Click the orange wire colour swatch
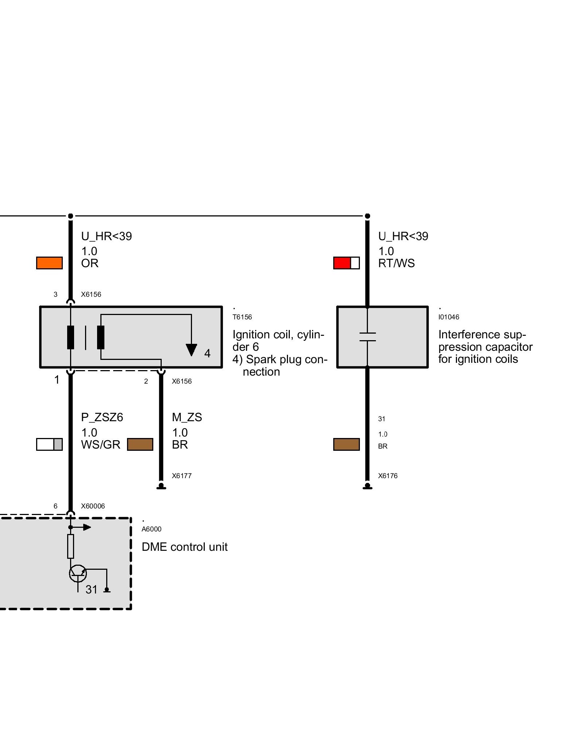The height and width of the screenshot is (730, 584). click(x=49, y=263)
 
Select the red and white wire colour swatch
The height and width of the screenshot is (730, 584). click(x=346, y=263)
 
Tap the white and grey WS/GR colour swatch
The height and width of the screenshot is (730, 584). click(x=49, y=444)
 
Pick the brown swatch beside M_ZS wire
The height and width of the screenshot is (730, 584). click(x=140, y=444)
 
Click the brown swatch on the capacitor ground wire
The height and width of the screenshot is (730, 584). click(x=346, y=444)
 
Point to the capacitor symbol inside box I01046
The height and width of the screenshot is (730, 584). click(x=368, y=337)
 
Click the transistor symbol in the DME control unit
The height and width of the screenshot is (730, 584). click(x=78, y=573)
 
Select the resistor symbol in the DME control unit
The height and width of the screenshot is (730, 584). click(x=70, y=546)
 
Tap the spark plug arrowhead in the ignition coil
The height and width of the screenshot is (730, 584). click(x=191, y=350)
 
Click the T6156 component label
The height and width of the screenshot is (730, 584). click(x=242, y=317)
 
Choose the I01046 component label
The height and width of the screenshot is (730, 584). click(x=449, y=317)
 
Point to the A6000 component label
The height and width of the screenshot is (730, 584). click(x=151, y=529)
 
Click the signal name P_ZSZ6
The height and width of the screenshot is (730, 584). click(x=102, y=417)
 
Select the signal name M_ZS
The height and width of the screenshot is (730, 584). click(x=187, y=417)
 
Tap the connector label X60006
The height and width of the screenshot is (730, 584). click(x=93, y=506)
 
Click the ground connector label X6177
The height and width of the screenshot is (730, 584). click(x=181, y=476)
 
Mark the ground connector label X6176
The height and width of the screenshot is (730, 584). click(x=388, y=476)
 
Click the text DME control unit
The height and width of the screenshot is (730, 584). click(x=184, y=547)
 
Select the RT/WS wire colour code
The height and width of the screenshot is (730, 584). click(x=396, y=263)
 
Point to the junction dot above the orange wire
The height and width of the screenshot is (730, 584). click(x=70, y=216)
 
